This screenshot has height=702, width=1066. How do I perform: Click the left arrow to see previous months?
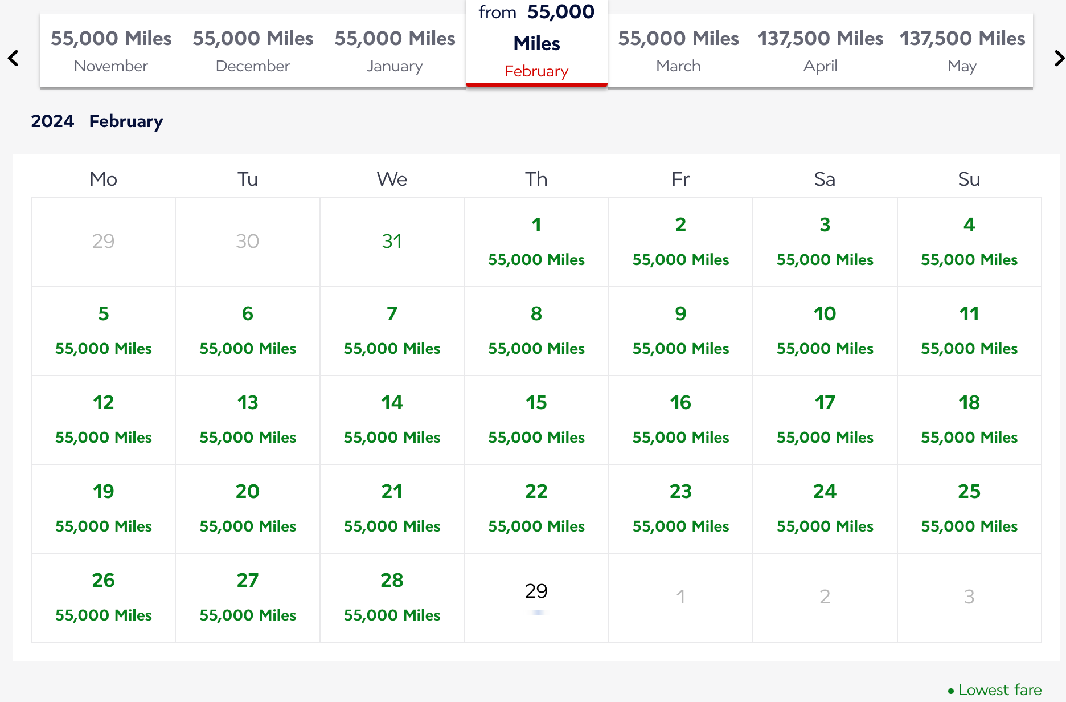13,58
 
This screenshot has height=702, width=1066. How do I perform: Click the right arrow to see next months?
1059,58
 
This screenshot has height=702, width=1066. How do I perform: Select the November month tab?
111,51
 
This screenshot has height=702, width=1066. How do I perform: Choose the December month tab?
253,51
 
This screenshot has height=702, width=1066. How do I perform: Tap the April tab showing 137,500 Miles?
820,51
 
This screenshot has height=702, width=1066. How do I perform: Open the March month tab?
678,51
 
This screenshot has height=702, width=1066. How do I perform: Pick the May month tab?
962,51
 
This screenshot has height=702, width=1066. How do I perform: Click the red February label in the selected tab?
536,71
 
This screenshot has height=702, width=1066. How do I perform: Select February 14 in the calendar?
392,420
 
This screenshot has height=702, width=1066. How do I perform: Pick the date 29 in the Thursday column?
536,591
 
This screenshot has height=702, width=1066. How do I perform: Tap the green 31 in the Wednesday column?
392,241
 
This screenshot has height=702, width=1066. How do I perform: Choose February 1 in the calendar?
536,242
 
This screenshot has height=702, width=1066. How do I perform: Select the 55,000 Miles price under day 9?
680,349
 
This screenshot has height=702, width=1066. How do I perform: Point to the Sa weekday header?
825,179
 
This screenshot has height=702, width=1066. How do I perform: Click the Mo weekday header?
104,179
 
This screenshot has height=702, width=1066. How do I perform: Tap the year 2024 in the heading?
52,121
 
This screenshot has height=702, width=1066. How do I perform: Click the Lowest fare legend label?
1000,690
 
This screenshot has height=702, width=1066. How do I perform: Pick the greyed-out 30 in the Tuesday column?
248,241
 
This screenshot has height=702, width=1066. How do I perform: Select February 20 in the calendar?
248,509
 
